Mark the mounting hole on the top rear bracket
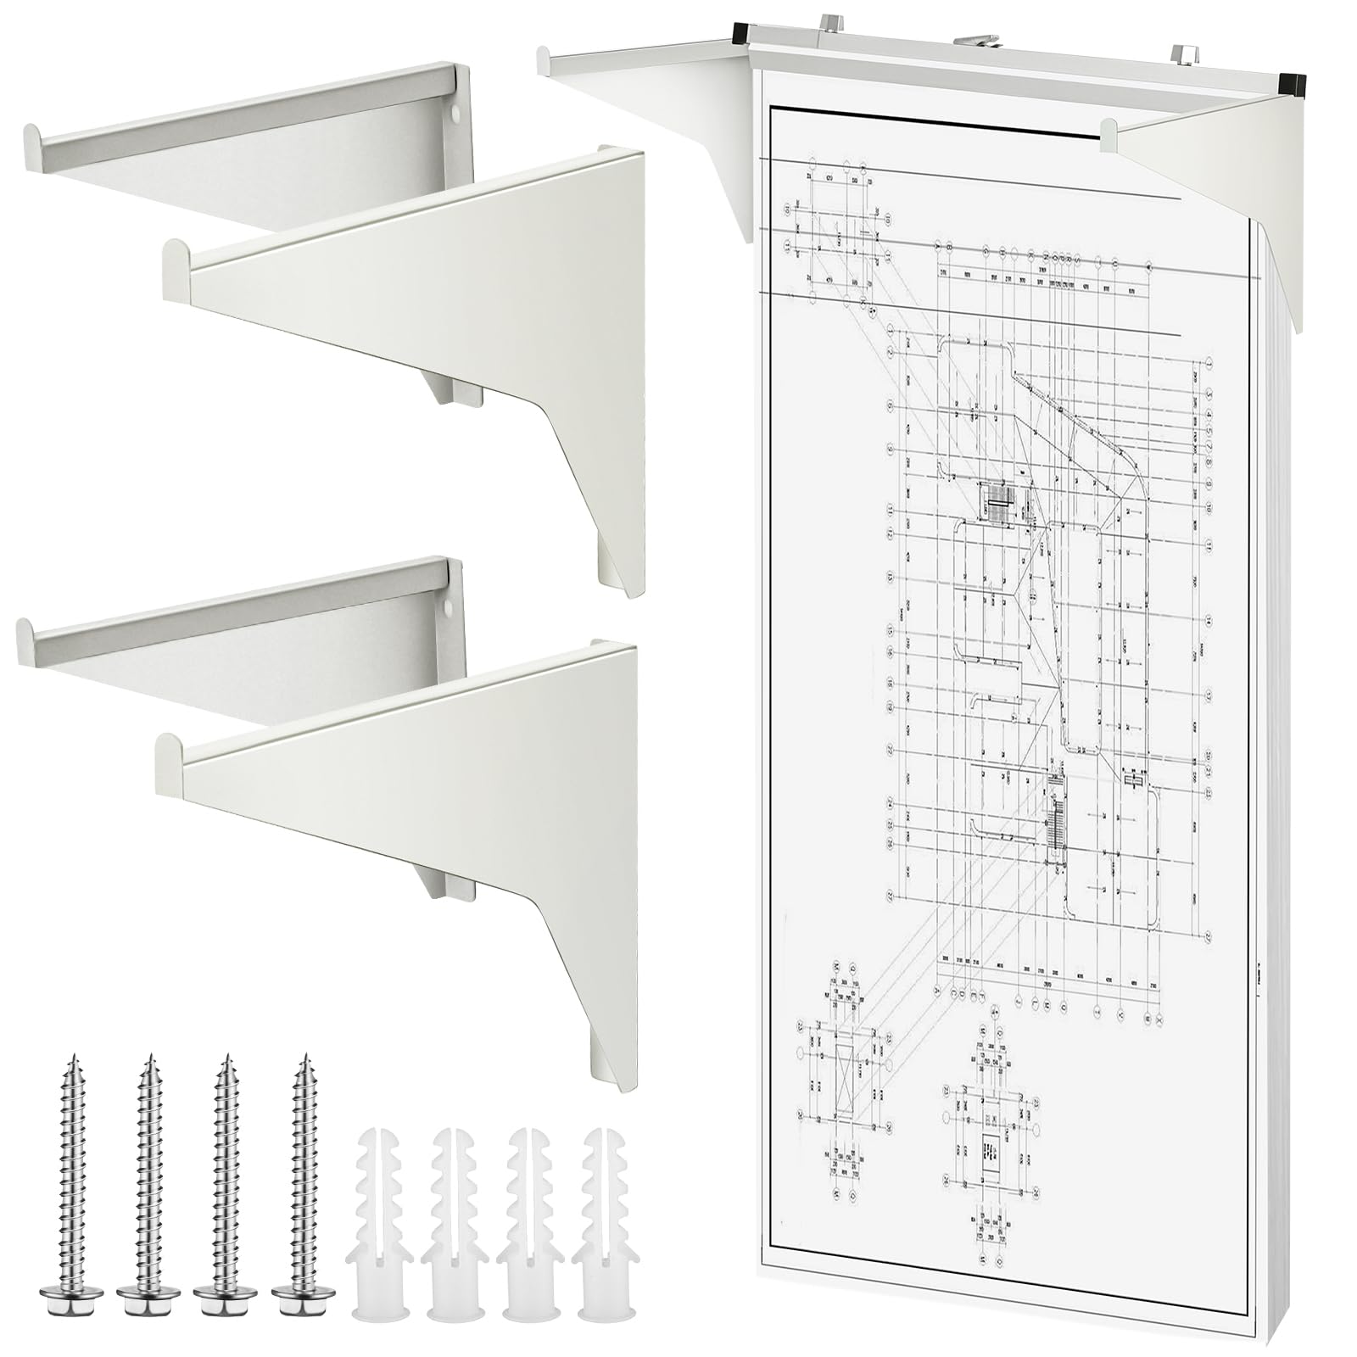click(x=456, y=111)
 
